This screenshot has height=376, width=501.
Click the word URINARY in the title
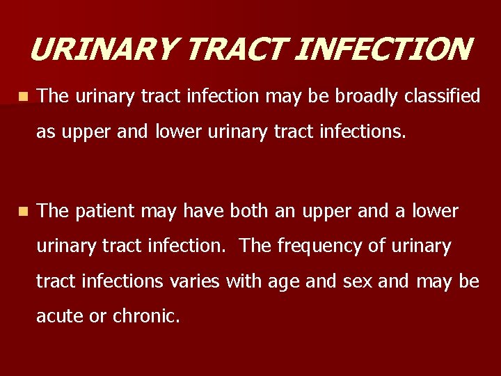tap(104, 49)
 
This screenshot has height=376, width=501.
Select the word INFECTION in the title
tap(376, 49)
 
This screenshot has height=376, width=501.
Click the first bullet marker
tap(24, 96)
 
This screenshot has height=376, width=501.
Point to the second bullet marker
tap(24, 210)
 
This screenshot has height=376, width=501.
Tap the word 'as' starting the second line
tap(45, 132)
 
